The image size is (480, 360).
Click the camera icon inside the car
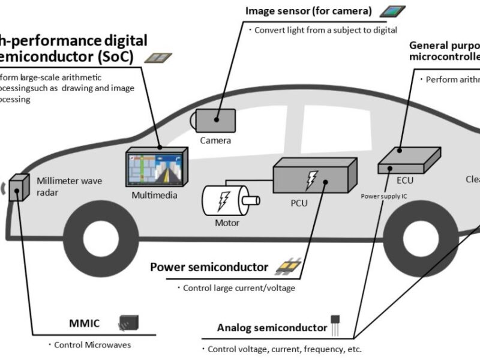pos(214,120)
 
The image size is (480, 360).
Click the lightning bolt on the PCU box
pos(311,178)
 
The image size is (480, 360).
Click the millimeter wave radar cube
pos(20,185)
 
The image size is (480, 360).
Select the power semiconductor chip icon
pos(288,266)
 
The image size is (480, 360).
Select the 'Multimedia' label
pos(155,195)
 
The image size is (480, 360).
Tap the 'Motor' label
pos(227,223)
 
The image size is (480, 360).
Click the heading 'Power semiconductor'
pos(209,267)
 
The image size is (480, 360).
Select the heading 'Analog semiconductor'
pos(272,328)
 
